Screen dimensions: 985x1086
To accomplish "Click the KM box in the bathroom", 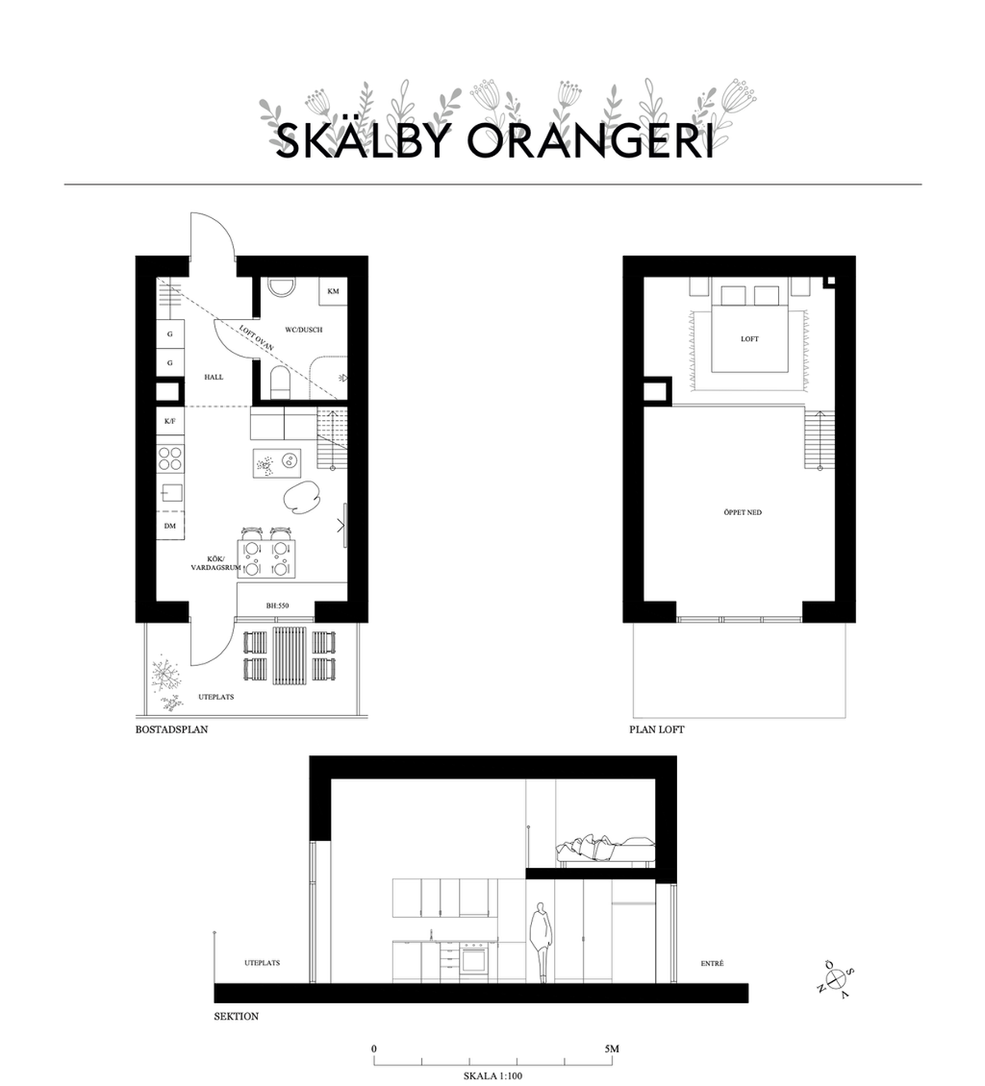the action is click(x=333, y=291).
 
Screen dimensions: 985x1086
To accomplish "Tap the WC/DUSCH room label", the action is click(x=304, y=329).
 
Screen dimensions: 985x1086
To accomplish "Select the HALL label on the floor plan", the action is click(x=213, y=376).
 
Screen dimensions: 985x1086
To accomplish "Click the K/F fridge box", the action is click(x=170, y=421).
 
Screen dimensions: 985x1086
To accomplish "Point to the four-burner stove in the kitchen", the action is click(x=170, y=459).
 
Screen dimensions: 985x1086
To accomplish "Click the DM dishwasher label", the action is click(x=170, y=525).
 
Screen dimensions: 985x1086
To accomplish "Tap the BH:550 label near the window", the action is click(x=277, y=605).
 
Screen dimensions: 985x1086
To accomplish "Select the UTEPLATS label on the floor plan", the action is click(x=216, y=696).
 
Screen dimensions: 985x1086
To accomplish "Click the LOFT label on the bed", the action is click(x=749, y=339).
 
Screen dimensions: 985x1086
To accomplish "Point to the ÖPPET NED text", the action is click(x=742, y=512).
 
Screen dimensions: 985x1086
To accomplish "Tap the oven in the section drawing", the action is click(x=474, y=962).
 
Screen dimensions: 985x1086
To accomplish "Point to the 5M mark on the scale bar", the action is click(x=612, y=1048).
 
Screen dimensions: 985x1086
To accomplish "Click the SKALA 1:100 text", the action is click(x=493, y=1075).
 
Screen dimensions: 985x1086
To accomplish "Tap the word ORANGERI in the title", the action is click(x=590, y=141).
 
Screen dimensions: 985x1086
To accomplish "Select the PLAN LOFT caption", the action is click(x=657, y=729).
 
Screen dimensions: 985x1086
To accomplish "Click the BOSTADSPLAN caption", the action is click(x=172, y=729).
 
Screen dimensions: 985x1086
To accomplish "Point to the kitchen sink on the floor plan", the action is click(x=172, y=492).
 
